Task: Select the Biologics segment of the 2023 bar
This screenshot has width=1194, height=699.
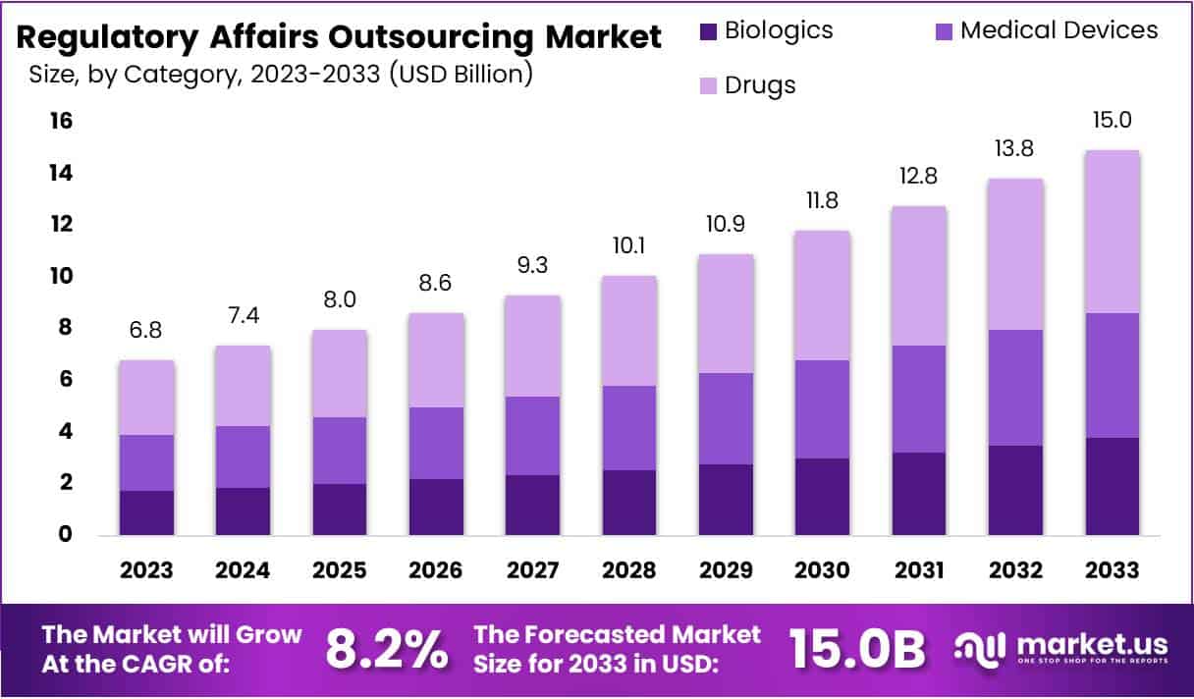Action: [146, 512]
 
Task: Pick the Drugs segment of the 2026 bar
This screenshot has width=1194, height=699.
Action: [437, 360]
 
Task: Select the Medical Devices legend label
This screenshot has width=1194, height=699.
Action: [1058, 30]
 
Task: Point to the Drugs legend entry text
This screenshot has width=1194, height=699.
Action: [759, 85]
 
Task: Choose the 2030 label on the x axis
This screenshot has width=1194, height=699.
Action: [822, 570]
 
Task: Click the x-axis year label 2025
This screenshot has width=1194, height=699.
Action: [340, 570]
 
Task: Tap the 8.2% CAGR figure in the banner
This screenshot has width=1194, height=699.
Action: [386, 649]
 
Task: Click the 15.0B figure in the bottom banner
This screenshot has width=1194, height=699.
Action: [857, 649]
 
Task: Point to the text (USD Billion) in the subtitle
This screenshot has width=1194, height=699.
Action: [461, 75]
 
